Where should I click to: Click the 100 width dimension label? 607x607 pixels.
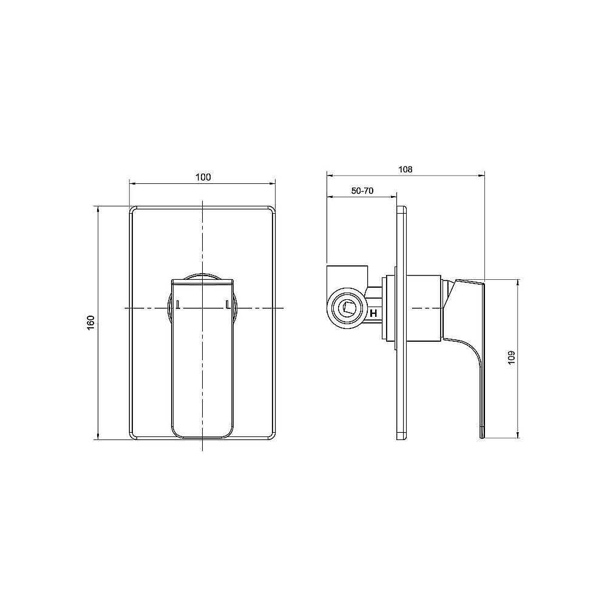click(x=203, y=177)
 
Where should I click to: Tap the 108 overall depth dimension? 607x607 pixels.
click(x=406, y=170)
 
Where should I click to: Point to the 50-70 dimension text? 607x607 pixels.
click(x=362, y=191)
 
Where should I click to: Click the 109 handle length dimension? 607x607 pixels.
click(x=511, y=357)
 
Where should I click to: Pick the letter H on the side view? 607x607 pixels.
click(x=374, y=313)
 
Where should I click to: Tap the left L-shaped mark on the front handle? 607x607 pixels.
click(x=177, y=304)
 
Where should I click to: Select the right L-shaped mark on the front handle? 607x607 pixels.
click(x=227, y=304)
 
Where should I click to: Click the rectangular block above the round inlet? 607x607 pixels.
click(x=347, y=276)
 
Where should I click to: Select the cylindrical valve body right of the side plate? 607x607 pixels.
click(x=422, y=308)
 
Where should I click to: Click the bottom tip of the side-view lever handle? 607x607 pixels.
click(x=482, y=436)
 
